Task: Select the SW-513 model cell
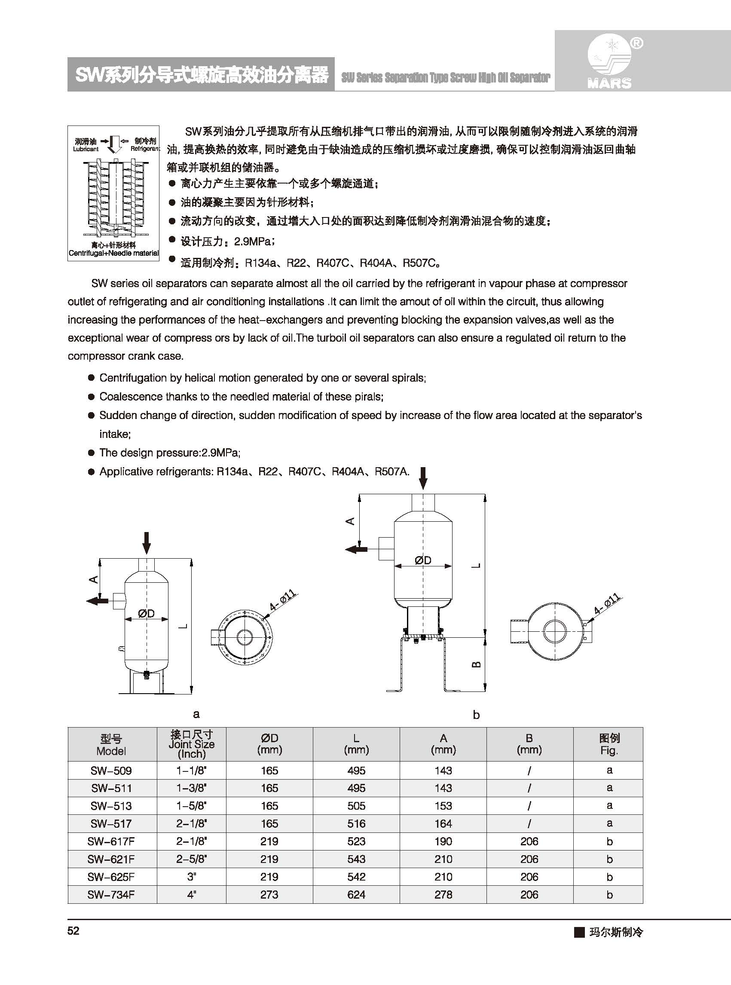(111, 806)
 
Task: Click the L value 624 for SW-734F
(356, 894)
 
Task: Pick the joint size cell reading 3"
(192, 877)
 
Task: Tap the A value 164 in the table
(443, 823)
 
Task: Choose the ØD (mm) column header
(269, 744)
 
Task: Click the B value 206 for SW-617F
(529, 841)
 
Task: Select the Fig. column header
(609, 744)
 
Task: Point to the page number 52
(73, 931)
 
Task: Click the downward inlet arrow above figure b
(423, 478)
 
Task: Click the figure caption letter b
(476, 714)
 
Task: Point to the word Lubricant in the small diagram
(86, 149)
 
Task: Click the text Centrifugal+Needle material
(113, 253)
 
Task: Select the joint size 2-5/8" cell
(192, 859)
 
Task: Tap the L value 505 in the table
(356, 806)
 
